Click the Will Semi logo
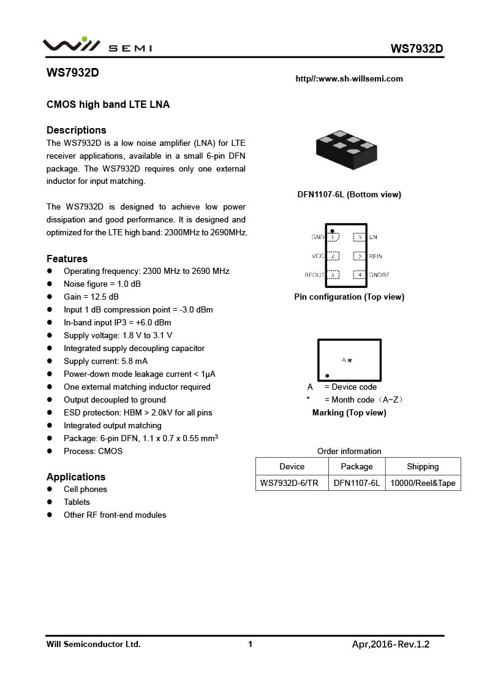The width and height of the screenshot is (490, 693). coord(97,46)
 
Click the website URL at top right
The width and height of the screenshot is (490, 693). coord(349,78)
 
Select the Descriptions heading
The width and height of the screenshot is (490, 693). coord(77,130)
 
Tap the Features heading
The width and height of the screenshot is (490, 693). coord(67,259)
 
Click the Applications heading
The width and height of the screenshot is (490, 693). coord(76,477)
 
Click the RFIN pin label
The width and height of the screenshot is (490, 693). coord(375,256)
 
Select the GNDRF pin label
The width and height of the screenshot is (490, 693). coord(379,275)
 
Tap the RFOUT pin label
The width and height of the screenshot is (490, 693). coord(314,275)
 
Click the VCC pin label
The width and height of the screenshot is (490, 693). coord(318,256)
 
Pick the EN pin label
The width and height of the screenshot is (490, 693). coord(373,237)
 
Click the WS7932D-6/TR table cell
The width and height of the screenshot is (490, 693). coord(289,483)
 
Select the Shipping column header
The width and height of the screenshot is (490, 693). coord(423,466)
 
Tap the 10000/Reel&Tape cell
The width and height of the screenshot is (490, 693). coord(423,483)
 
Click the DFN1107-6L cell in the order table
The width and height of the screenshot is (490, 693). coord(356,483)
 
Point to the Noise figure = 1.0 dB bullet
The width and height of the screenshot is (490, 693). coord(102,284)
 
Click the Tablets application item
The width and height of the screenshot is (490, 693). coord(77,502)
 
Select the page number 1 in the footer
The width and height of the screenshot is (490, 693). coord(250,644)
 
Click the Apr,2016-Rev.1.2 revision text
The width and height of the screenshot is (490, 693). coord(391,644)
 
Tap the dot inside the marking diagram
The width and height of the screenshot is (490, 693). coord(327,375)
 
